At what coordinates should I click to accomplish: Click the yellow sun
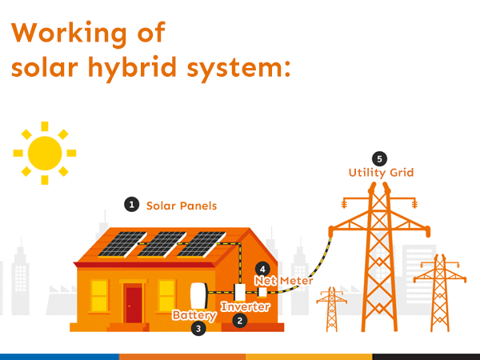coord(44,151)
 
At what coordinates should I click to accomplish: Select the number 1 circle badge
coord(131,205)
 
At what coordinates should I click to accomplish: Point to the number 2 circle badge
coord(238,321)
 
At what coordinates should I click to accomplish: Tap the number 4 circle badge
coord(261,269)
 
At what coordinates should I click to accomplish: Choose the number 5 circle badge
coord(379,158)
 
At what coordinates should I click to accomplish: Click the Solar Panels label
coord(182,206)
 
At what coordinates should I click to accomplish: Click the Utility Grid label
coord(381,173)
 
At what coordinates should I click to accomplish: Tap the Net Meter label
coord(283,281)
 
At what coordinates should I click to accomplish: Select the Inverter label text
coord(246,306)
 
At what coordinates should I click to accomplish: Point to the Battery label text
coord(194,315)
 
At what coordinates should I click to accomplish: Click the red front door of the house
coord(134,304)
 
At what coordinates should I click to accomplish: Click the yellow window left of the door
coord(99,295)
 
